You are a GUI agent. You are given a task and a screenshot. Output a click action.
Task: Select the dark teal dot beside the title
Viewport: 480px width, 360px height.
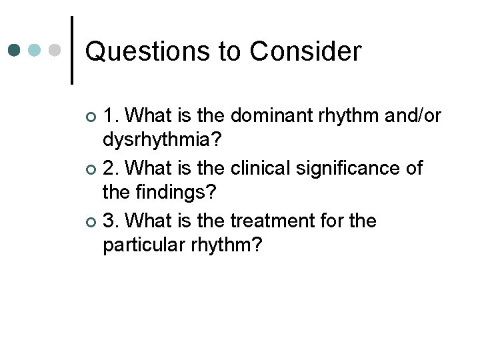[15, 50]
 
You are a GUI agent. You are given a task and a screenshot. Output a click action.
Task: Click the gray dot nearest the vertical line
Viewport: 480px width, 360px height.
[55, 50]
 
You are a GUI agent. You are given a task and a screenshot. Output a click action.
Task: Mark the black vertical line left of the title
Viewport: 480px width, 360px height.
[71, 51]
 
